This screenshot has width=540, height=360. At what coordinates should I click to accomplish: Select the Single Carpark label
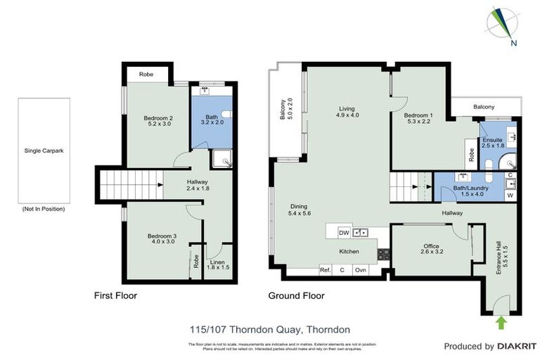pyautogui.click(x=43, y=151)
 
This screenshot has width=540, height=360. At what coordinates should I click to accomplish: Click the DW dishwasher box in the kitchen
pyautogui.click(x=344, y=232)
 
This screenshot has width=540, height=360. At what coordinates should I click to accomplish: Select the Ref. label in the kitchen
pyautogui.click(x=325, y=270)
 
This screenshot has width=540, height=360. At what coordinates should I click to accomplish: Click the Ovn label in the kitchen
pyautogui.click(x=359, y=270)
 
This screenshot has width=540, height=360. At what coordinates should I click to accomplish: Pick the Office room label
pyautogui.click(x=430, y=246)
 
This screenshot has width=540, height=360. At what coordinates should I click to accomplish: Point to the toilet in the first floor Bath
pyautogui.click(x=226, y=116)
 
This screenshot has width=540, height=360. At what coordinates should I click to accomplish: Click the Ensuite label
pyautogui.click(x=492, y=140)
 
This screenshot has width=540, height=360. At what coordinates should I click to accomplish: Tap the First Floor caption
pyautogui.click(x=115, y=296)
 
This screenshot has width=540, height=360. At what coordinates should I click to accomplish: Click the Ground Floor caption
pyautogui.click(x=296, y=296)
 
